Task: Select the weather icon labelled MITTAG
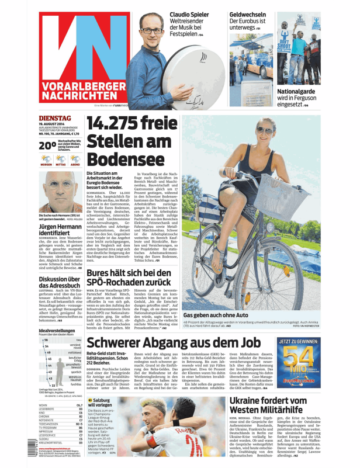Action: point(60,159)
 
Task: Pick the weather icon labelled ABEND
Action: point(75,159)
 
